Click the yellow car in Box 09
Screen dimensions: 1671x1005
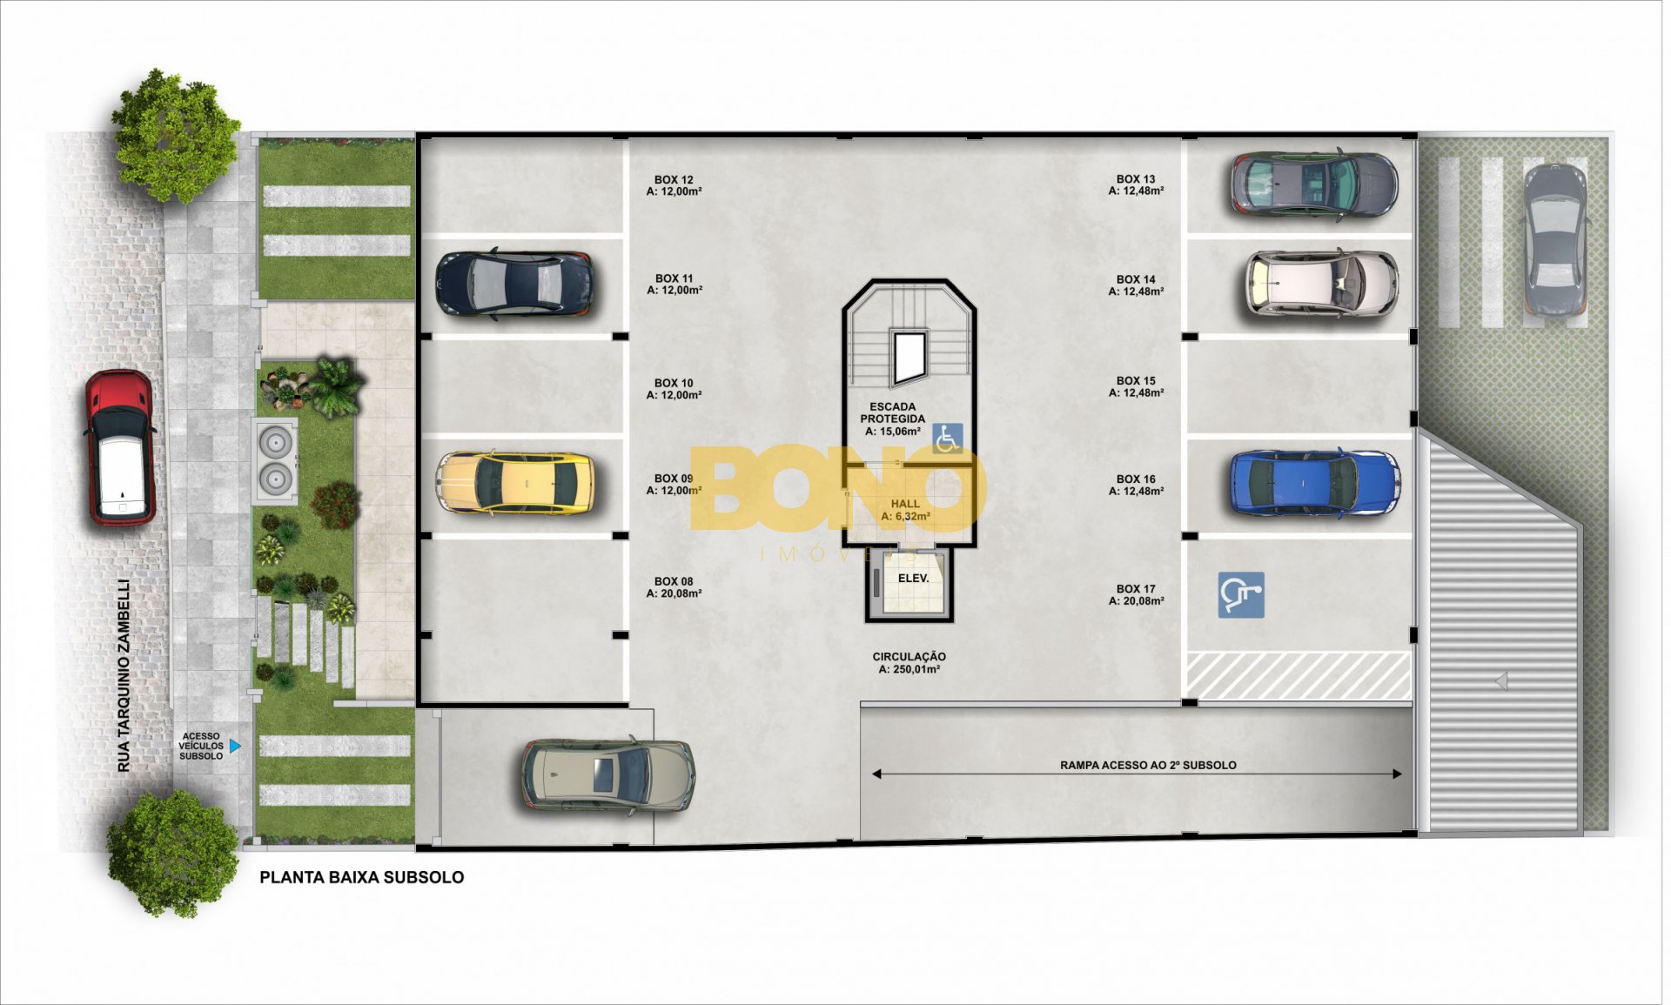click(515, 483)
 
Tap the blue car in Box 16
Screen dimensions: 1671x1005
click(1314, 483)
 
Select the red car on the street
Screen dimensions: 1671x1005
click(120, 448)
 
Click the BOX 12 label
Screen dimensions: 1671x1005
click(674, 180)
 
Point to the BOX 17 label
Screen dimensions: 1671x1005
click(1136, 589)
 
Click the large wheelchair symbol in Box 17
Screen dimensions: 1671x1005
click(1240, 595)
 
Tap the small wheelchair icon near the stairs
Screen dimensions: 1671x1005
click(948, 438)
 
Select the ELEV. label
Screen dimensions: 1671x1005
click(913, 578)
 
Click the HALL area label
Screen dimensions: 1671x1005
click(905, 504)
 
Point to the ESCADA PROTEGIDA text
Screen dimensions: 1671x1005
click(893, 412)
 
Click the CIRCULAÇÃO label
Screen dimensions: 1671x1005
click(909, 657)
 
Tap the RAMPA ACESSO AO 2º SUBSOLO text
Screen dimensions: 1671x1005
click(1148, 765)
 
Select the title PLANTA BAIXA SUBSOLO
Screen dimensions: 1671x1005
click(362, 877)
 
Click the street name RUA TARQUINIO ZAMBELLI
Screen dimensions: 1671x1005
click(124, 675)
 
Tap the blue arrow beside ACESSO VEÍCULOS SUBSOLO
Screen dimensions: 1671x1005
click(235, 746)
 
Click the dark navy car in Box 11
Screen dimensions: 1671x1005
click(514, 285)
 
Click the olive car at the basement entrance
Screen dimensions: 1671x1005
click(607, 776)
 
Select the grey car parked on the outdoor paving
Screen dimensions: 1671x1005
click(1554, 239)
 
